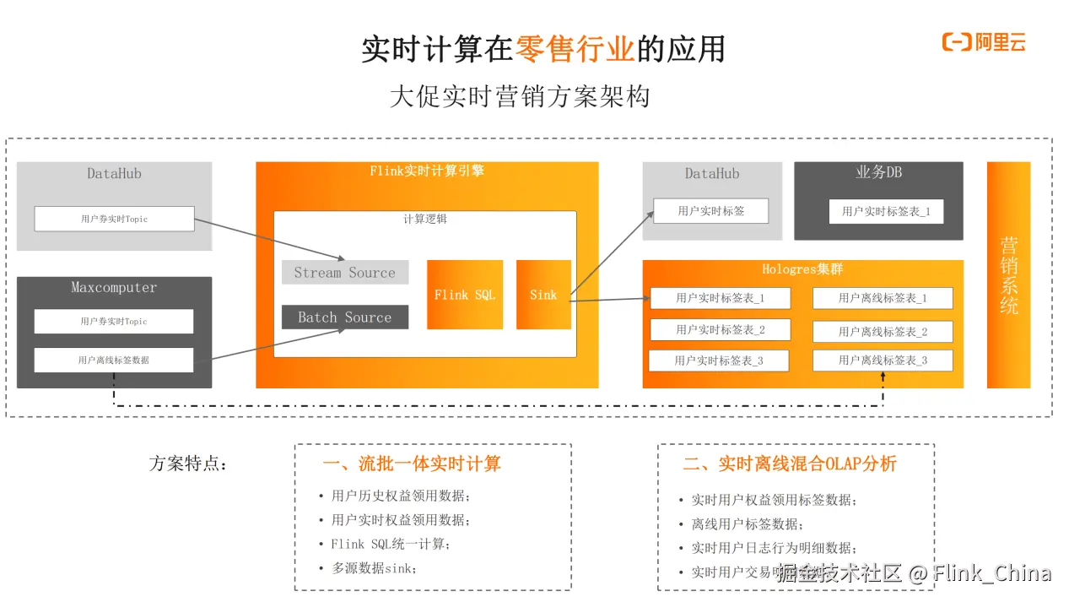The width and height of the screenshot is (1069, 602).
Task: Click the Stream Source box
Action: tap(344, 273)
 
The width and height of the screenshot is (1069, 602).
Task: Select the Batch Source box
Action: tap(344, 317)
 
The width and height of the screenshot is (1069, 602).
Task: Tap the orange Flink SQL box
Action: tap(464, 295)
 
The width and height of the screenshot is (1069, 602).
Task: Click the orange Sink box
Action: tap(543, 295)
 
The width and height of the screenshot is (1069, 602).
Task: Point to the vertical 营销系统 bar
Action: tap(1008, 274)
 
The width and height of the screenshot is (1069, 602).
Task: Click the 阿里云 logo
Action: tap(983, 42)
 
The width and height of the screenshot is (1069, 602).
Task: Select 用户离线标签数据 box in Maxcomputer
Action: tap(113, 361)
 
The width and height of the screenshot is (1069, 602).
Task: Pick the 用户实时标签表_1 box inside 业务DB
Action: tap(885, 211)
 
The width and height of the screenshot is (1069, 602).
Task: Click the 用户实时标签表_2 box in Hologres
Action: tap(720, 329)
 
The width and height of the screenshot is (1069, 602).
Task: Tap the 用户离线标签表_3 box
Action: tap(882, 361)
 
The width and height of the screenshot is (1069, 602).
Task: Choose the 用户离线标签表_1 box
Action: tap(882, 298)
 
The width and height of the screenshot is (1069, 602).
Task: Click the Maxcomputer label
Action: tap(114, 288)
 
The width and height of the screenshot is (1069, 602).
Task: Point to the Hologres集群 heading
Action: tap(802, 269)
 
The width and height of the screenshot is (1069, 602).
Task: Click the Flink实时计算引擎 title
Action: tap(427, 171)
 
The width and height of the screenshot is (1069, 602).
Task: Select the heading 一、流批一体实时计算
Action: tap(411, 464)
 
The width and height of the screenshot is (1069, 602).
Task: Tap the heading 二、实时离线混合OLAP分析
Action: tap(789, 464)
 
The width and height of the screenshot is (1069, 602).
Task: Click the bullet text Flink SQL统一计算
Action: tap(391, 545)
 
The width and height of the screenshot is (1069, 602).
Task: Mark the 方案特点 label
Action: tap(188, 464)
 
